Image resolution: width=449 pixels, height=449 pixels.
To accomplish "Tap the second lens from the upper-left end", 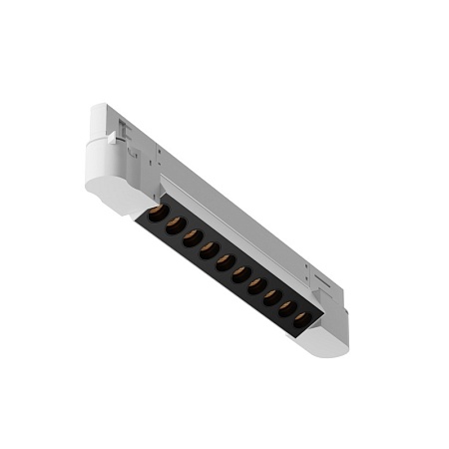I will pos(174,224).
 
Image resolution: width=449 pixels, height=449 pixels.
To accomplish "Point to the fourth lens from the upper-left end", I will pos(209,249).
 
